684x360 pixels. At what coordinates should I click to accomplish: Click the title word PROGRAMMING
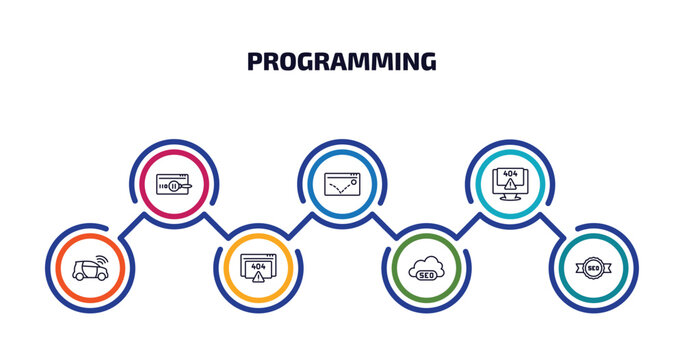(x=341, y=62)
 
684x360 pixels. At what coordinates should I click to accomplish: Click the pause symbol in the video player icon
(x=173, y=185)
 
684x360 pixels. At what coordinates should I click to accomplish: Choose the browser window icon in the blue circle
(x=342, y=183)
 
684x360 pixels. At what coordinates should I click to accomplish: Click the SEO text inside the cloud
(x=427, y=273)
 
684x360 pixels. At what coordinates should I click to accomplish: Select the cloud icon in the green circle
(x=427, y=269)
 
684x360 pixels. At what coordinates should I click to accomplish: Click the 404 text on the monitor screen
(x=510, y=173)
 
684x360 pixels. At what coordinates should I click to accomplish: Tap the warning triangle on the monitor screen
(x=510, y=184)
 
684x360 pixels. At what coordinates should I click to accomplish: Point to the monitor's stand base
(x=510, y=198)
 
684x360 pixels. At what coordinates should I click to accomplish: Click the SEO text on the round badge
(x=594, y=268)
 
